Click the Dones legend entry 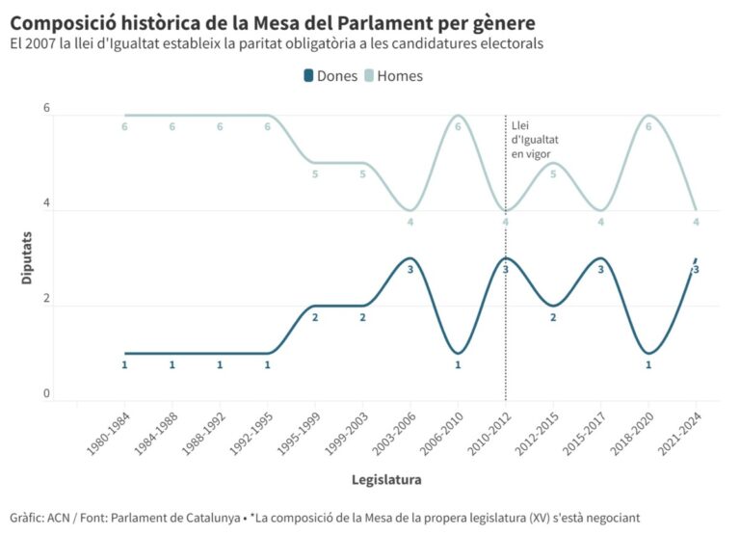point(330,76)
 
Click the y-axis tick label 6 point(46,108)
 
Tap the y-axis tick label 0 point(46,393)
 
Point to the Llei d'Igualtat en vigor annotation point(535,139)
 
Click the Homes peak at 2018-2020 point(648,116)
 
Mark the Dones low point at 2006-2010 point(458,353)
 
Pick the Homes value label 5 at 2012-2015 point(553,174)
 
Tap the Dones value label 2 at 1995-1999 point(315,317)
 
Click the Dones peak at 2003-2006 point(410,258)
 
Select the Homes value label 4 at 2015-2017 point(601,223)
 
